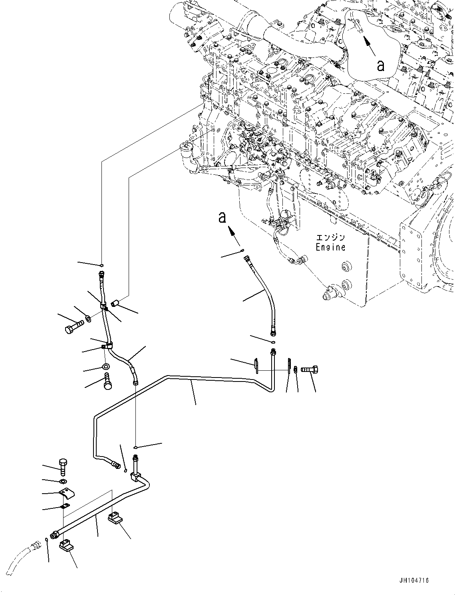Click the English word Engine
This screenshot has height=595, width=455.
pyautogui.click(x=330, y=247)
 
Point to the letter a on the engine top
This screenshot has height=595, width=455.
pyautogui.click(x=381, y=65)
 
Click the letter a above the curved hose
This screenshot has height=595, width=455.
pyautogui.click(x=222, y=217)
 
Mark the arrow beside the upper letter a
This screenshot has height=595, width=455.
pyautogui.click(x=369, y=45)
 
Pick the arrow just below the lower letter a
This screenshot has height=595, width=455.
pyautogui.click(x=234, y=236)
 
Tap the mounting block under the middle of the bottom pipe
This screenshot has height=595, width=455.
pyautogui.click(x=114, y=519)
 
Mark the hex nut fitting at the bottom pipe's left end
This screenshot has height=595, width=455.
pyautogui.click(x=54, y=535)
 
